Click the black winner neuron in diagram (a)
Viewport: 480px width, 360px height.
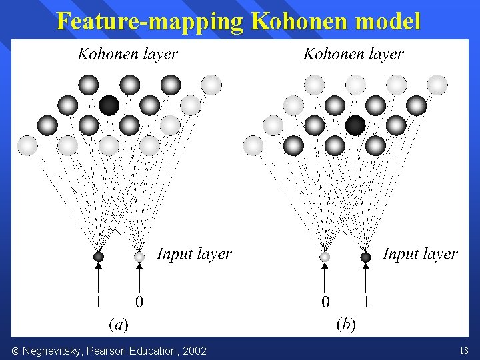(109, 105)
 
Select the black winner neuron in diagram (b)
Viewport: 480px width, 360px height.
(355, 125)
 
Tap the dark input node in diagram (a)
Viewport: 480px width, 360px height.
(99, 256)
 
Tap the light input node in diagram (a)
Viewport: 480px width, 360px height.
(139, 256)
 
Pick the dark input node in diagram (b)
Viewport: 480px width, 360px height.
(365, 257)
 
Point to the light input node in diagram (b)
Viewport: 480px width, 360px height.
(325, 257)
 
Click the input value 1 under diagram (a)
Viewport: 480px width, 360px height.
(99, 302)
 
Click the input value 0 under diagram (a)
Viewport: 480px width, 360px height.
(139, 302)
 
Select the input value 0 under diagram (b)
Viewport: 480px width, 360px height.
(325, 302)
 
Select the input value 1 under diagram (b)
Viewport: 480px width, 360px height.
(365, 302)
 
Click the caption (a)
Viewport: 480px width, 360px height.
(119, 325)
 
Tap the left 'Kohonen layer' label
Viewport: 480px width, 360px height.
(127, 55)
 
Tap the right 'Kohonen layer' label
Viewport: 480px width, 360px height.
(353, 55)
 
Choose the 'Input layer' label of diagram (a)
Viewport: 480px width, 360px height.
(194, 254)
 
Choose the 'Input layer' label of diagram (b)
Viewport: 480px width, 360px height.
(420, 254)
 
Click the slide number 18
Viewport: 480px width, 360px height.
(464, 351)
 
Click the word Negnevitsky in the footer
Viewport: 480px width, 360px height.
(51, 351)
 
